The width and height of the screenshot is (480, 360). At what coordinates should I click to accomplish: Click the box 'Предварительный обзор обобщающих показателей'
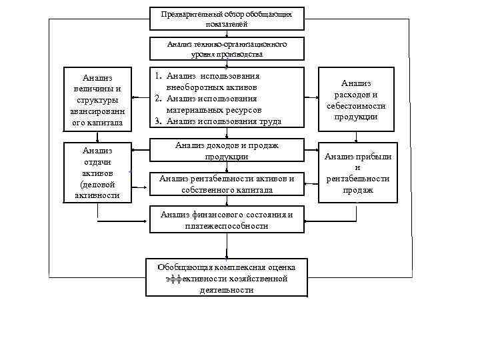pyautogui.click(x=227, y=19)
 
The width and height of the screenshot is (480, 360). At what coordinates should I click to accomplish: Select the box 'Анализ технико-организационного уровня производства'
pyautogui.click(x=227, y=49)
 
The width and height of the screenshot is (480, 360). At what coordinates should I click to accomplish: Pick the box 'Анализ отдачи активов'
pyautogui.click(x=98, y=172)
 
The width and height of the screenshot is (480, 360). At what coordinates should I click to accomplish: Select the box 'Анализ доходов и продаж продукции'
pyautogui.click(x=227, y=151)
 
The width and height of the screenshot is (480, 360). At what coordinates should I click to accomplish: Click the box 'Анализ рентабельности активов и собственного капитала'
pyautogui.click(x=227, y=184)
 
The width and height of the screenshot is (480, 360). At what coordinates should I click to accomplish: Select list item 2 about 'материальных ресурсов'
pyautogui.click(x=213, y=104)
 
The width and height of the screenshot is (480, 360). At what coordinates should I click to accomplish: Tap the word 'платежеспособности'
pyautogui.click(x=227, y=226)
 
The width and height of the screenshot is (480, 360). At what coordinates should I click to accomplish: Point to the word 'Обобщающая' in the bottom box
pyautogui.click(x=184, y=267)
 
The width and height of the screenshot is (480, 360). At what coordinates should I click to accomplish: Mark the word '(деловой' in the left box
pyautogui.click(x=97, y=184)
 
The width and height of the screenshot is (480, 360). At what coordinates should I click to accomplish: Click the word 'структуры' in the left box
pyautogui.click(x=98, y=100)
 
